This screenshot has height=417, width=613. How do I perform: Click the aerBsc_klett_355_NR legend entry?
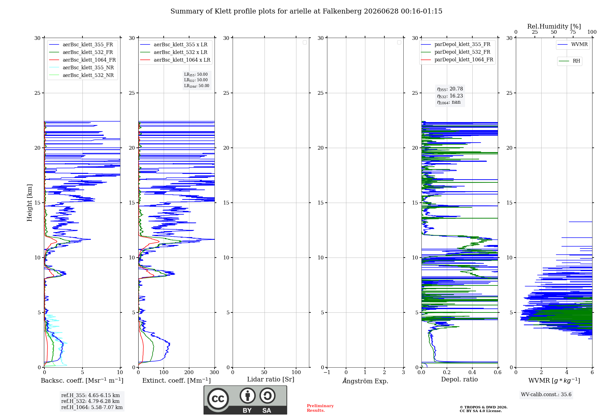(81, 67)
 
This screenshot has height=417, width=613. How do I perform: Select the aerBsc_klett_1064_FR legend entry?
(82, 60)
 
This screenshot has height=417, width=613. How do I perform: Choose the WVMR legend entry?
(573, 44)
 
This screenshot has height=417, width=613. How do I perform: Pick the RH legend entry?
(569, 61)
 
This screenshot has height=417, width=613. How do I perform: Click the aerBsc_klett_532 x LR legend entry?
(173, 52)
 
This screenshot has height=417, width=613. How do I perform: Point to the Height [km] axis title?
(29, 203)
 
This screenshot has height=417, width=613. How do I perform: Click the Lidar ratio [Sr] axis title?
(271, 379)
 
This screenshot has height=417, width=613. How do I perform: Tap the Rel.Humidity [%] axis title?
(554, 26)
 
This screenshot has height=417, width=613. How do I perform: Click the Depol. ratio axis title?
(459, 379)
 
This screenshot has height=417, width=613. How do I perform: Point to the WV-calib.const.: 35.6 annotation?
(546, 394)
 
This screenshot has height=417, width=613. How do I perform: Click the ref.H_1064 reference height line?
(92, 407)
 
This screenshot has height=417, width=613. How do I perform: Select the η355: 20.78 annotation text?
(450, 89)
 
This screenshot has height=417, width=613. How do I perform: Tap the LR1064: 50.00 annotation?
(197, 86)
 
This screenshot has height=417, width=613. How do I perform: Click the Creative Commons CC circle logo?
(218, 399)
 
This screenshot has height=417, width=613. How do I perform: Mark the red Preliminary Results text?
(320, 408)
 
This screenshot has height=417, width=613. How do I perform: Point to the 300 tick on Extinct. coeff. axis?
(215, 372)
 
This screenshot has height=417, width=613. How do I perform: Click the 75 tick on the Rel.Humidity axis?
(573, 32)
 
